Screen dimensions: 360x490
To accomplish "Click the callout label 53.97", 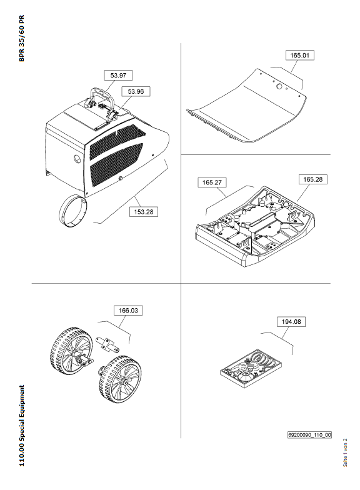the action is (x=118, y=75).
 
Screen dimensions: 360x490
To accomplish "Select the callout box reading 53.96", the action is (x=136, y=91).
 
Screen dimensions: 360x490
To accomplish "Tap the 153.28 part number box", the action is (x=144, y=211).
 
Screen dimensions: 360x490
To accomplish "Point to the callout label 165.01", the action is (x=300, y=55).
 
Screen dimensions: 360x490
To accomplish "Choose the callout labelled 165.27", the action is (x=212, y=182).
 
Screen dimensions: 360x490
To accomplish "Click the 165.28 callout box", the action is (x=312, y=179).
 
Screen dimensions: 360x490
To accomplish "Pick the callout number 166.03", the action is (x=128, y=310).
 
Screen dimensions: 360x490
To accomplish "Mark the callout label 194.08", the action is (x=291, y=321).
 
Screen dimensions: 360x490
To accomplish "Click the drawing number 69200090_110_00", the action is (x=309, y=435).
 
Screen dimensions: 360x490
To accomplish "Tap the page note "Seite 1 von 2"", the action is (x=345, y=452).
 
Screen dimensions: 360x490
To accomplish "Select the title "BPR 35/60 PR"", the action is (x=21, y=38).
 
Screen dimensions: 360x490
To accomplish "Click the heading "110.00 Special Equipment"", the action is (x=21, y=426).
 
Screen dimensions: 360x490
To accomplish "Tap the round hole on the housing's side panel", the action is (x=77, y=159).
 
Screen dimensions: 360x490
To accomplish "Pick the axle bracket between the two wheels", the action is (x=107, y=345).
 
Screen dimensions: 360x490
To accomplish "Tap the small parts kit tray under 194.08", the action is (x=251, y=368).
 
